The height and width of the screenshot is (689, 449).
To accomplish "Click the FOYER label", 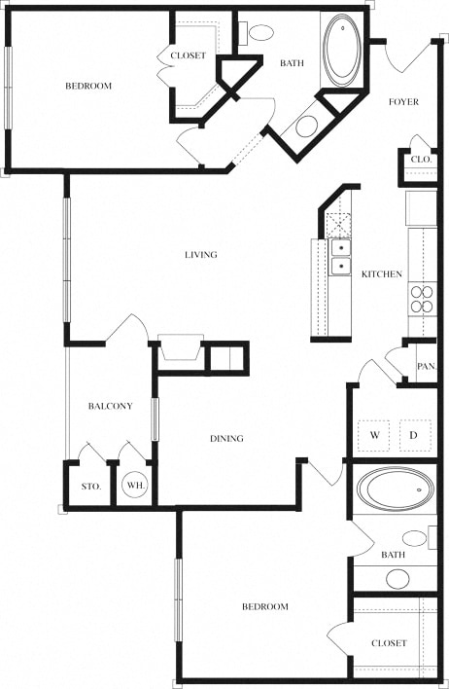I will click(x=403, y=102).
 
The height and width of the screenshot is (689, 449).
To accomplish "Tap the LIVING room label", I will click(x=201, y=255).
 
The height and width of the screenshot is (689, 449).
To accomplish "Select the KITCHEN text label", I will click(x=381, y=274).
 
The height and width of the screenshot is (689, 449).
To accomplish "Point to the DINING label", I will click(x=226, y=439).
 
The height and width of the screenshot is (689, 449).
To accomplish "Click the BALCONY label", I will click(x=110, y=406).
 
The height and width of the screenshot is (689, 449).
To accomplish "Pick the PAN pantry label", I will click(x=425, y=367).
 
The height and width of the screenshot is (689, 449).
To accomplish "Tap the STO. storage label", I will click(x=90, y=485).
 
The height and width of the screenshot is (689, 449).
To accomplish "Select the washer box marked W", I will click(x=374, y=435).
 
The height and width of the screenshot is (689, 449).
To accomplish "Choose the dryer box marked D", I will click(x=414, y=435).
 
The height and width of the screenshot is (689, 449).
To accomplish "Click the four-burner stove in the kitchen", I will click(x=423, y=297).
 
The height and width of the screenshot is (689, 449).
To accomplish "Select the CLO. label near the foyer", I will click(x=421, y=159).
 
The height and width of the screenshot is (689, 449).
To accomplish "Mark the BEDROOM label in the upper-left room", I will click(x=88, y=87).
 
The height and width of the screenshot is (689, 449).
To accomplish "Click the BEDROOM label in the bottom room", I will click(x=265, y=607).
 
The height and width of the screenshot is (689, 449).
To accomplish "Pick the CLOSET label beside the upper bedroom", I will click(x=188, y=55).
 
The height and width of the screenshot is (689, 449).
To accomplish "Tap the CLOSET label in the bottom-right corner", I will click(x=388, y=643).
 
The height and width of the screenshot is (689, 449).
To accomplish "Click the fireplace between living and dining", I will click(x=181, y=348).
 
